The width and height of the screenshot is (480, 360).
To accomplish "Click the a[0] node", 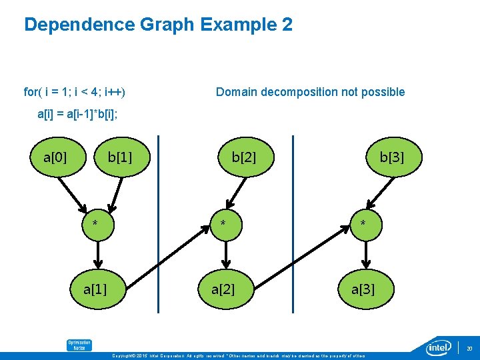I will [x=55, y=157].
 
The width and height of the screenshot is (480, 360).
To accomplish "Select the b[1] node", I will [x=120, y=157].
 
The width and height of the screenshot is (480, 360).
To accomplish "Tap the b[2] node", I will [x=243, y=157].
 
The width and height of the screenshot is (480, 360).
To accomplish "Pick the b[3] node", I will [x=391, y=157].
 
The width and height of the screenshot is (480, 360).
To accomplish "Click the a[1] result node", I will [x=95, y=289].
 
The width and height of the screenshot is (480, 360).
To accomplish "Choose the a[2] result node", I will [x=223, y=289].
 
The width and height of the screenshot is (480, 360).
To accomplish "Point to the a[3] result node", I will [x=363, y=289].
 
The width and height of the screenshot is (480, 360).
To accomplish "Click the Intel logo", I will [x=439, y=347].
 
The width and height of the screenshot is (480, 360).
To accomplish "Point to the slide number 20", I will [x=469, y=348].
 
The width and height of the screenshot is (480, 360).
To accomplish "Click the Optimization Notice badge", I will [x=79, y=345].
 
